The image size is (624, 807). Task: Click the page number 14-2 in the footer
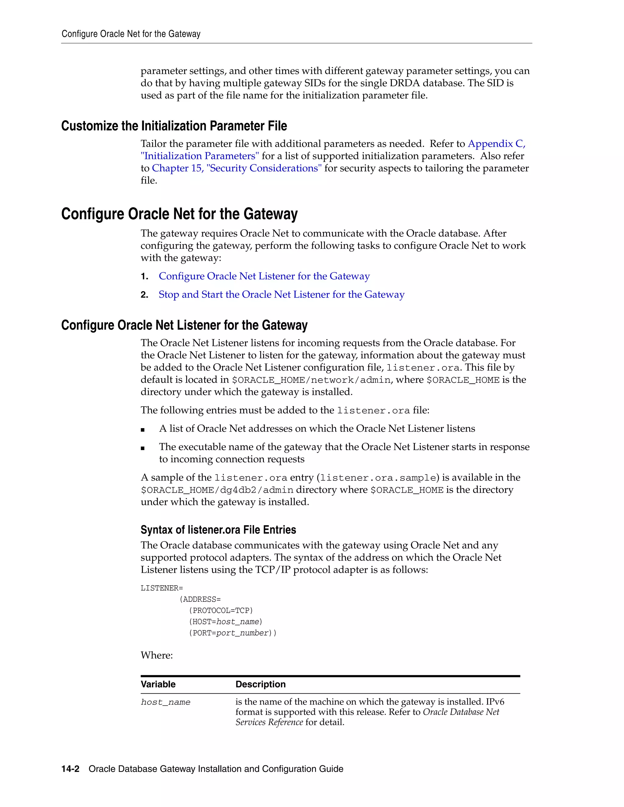coord(70,769)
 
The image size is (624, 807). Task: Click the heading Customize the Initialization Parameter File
coord(174,126)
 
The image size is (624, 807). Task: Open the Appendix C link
coord(496,144)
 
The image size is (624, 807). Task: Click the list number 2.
coord(144,295)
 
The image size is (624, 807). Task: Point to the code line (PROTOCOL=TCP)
coord(221,610)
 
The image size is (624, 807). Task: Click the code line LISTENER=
coord(161,588)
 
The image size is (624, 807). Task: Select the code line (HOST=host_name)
coord(225,622)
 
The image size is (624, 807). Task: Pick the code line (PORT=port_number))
coord(232,633)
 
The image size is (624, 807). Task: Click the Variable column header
coord(158,684)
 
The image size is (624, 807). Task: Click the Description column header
coord(260,684)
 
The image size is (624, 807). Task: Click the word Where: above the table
coord(156,655)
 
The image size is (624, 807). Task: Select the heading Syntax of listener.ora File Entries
coord(218,530)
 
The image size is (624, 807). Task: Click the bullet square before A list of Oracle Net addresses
coord(143,429)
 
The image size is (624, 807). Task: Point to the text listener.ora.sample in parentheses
coord(378,478)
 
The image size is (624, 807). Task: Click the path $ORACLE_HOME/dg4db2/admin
coord(217,490)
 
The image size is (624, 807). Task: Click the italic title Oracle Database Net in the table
coord(461,712)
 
